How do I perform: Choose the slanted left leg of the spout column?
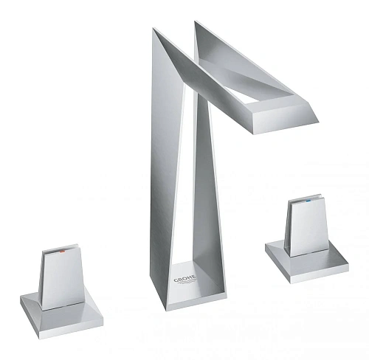[167, 170]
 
